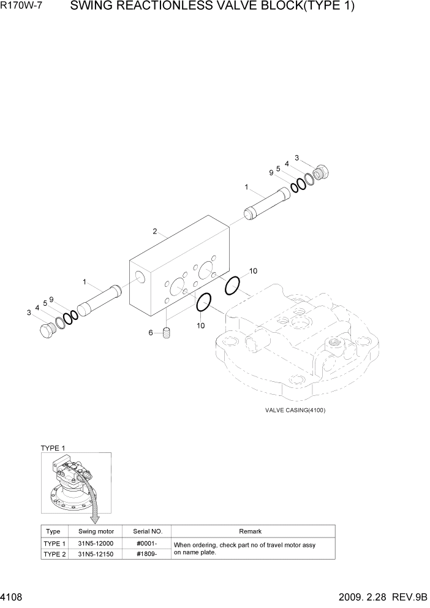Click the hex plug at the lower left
tap(47, 330)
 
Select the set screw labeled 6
tap(167, 333)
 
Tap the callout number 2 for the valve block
tap(155, 232)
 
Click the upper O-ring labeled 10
tap(233, 285)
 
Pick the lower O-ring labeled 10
tap(203, 302)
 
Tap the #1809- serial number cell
tap(147, 554)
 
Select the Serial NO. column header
tap(147, 531)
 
